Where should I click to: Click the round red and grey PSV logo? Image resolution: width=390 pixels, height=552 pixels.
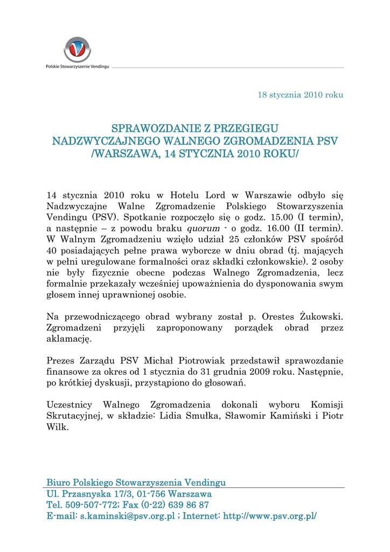click(77, 50)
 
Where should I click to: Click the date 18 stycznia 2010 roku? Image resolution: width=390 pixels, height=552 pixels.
click(301, 95)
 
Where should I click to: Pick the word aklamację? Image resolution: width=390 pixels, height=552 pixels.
click(69, 339)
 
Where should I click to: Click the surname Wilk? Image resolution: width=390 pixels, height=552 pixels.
click(58, 427)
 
